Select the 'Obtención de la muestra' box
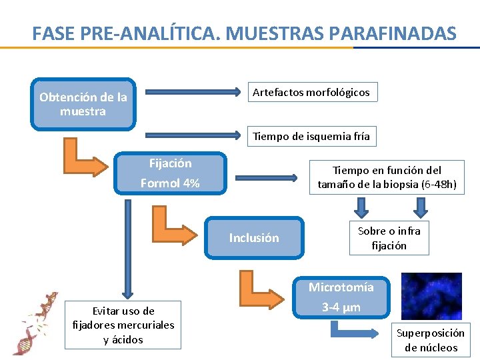coord(83,104)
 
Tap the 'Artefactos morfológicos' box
coord(311,92)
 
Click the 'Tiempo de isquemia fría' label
coord(311,136)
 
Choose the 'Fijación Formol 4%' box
coord(170,173)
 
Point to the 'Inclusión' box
coord(254,238)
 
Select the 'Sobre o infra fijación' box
coord(389,238)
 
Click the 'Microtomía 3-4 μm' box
coord(341,297)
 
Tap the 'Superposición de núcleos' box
coord(431,340)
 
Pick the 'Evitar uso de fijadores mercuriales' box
coord(123,325)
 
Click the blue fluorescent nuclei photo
coord(431,296)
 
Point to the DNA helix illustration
coord(35,323)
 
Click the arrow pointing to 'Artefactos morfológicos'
coord(193,92)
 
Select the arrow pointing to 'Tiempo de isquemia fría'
coord(193,136)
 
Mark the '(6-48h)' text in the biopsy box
coord(439,185)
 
